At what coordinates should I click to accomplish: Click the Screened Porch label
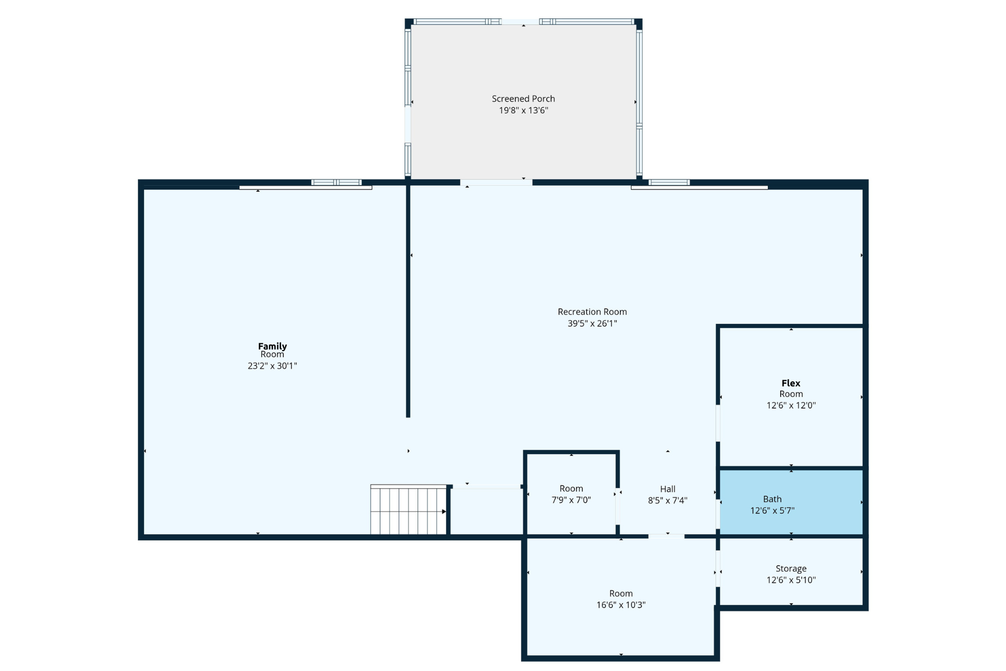523,99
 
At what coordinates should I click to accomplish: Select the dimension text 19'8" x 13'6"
523,111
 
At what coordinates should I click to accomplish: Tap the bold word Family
272,346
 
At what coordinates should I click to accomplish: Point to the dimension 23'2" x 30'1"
272,366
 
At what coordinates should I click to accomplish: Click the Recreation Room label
592,312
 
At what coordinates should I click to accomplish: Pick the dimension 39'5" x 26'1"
592,324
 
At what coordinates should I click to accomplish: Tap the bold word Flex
791,383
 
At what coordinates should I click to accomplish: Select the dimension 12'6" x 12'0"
791,406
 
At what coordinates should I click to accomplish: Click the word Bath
772,499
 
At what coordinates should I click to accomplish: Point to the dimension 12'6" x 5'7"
772,511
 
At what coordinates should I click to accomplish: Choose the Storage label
791,569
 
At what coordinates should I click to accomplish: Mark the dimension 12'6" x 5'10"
791,580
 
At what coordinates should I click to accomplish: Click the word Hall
667,489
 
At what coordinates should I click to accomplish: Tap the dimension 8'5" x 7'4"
667,501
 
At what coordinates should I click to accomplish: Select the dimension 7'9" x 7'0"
571,500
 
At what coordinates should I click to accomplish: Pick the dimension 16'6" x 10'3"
620,605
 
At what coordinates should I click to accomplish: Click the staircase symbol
409,510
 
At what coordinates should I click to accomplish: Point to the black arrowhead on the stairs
444,512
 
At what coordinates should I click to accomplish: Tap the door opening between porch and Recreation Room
496,182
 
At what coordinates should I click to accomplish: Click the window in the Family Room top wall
336,182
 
